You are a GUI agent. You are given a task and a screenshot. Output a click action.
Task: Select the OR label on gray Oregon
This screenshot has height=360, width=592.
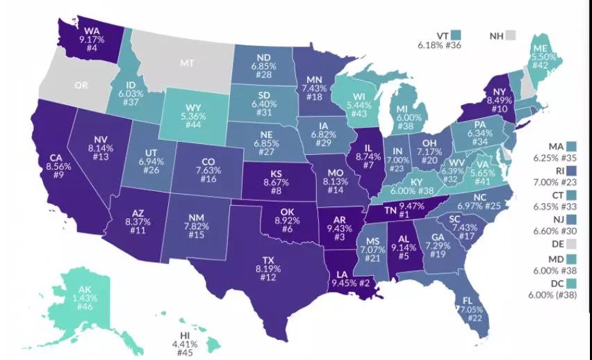tap(81, 85)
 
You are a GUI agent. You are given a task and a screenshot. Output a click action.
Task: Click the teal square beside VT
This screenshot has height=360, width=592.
tap(456, 35)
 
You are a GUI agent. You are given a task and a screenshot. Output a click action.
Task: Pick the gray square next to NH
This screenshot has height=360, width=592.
tap(511, 35)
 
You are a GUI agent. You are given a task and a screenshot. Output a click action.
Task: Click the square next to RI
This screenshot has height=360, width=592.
tap(572, 169)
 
